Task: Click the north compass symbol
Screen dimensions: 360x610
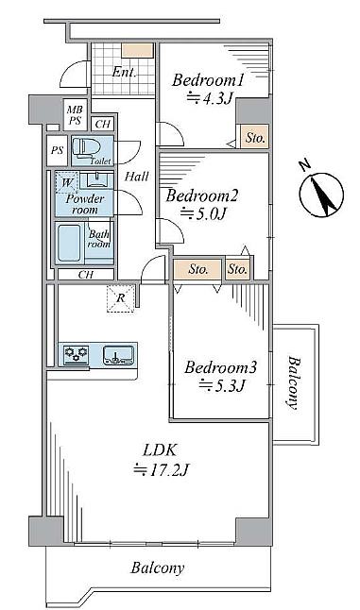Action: [321, 195]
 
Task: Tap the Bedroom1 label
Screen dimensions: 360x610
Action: [208, 80]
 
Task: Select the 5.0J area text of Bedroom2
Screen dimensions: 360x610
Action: [202, 213]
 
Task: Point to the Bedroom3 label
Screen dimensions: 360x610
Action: [220, 367]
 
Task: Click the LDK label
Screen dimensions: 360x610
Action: [160, 450]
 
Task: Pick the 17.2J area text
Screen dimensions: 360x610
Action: [162, 470]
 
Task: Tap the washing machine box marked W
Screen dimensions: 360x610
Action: [66, 182]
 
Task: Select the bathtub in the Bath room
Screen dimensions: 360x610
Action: [70, 243]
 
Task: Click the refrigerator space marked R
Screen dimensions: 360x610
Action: [121, 298]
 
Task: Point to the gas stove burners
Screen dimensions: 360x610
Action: [76, 354]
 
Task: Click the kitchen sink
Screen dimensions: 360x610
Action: [118, 355]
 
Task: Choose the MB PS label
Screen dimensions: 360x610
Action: [75, 115]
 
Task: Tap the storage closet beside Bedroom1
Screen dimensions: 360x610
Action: [254, 137]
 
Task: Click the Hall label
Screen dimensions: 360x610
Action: [137, 177]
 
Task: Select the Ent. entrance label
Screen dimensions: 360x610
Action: [125, 73]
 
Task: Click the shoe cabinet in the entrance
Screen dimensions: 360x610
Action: [137, 50]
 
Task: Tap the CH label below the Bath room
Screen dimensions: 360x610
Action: [86, 275]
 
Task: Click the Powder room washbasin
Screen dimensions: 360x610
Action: [95, 179]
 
